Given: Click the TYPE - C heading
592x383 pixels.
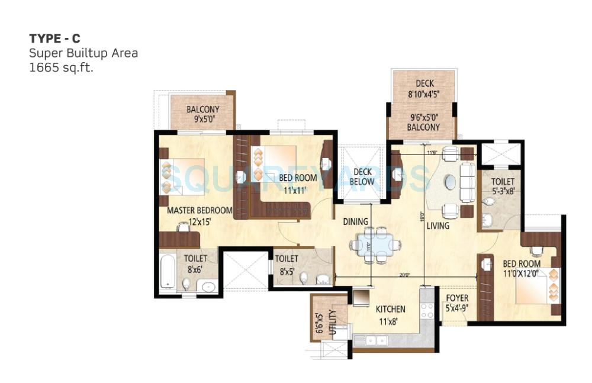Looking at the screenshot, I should pos(55,39).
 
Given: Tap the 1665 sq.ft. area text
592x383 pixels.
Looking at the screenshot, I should pos(62,67).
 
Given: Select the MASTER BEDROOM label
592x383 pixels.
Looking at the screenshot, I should pos(200,210).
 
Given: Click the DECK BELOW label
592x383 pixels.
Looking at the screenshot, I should pos(362,177).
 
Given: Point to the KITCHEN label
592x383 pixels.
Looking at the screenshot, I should pos(391,309).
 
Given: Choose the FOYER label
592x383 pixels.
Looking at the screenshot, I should pos(456,298).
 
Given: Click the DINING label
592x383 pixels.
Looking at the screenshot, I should pos(356,221).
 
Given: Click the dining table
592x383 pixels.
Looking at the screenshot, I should pos(374,244).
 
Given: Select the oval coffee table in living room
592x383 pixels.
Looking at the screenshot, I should pos(451,183).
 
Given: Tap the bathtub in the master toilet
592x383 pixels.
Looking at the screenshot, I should pos(168,272).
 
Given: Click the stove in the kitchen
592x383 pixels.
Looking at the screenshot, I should pos(427,310).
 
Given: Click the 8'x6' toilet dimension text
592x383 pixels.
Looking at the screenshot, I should pos(195,269).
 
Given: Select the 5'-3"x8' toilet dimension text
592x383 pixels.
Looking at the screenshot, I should pos(503,191).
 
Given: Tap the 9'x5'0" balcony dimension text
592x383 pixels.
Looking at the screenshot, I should pos(202,119).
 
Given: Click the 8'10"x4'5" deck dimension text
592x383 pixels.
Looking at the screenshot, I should pos(424,93).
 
